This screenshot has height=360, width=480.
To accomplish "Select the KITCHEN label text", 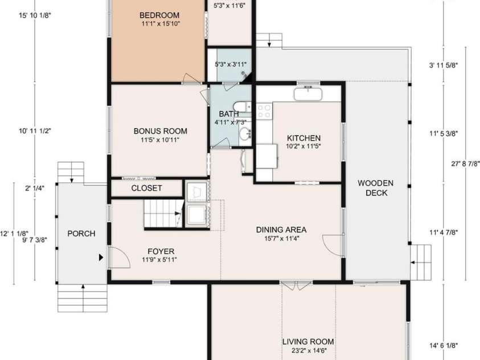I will pos(303,138).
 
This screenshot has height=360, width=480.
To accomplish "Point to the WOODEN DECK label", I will pos(376,188).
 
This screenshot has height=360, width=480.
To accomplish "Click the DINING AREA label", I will pos(281,230).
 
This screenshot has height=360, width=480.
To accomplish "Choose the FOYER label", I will pos(161,251).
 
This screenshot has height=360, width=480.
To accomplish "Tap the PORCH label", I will pos(81,234).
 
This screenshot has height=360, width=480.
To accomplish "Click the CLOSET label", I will pos(146,188).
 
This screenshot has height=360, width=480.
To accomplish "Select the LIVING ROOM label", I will pos(308,342).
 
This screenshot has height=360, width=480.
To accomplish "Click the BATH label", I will pos(228,114).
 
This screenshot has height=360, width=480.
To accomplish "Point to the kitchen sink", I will pos(308,92).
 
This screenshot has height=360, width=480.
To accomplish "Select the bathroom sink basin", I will pos(244,134).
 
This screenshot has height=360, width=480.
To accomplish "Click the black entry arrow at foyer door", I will pos(101,257).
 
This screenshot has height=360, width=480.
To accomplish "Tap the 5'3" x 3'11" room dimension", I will pos(228,64).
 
